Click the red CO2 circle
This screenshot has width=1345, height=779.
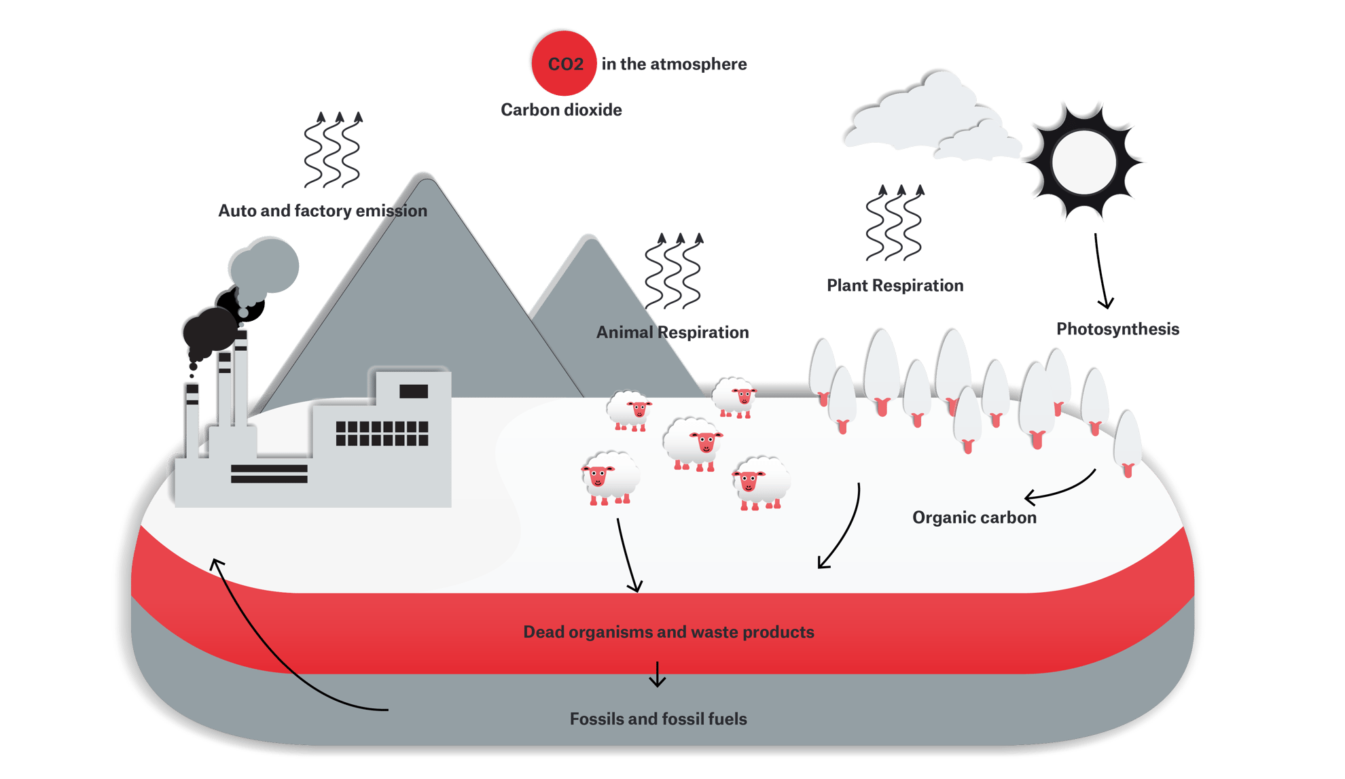[562, 63]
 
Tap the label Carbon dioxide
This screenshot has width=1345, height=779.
[561, 110]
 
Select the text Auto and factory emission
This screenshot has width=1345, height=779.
[323, 211]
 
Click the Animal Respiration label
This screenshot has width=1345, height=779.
[672, 332]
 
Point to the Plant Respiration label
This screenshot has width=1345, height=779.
[895, 285]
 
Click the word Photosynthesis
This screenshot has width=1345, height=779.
[1117, 329]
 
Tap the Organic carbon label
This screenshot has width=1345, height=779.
[974, 518]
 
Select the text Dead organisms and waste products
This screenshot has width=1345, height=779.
[668, 632]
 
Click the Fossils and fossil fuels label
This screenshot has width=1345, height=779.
[658, 719]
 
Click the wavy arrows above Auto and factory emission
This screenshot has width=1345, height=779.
[332, 150]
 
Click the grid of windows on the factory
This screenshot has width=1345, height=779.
[382, 434]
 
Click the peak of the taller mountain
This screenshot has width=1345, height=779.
[424, 178]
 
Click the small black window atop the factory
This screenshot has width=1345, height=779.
[413, 391]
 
